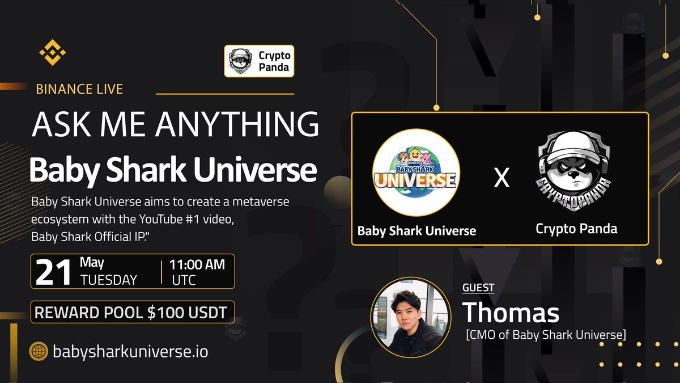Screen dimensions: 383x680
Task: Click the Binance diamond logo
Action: (53, 53)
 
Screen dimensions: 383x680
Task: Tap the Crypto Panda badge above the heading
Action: (259, 61)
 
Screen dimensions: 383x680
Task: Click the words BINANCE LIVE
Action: (79, 89)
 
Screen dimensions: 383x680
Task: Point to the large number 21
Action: (54, 272)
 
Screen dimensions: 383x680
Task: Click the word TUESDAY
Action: (109, 280)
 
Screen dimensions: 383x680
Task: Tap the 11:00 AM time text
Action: (198, 264)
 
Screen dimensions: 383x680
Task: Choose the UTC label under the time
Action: (184, 280)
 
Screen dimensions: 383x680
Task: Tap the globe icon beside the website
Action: (38, 352)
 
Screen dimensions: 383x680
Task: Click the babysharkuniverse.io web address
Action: (130, 352)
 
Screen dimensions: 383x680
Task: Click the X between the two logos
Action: (501, 178)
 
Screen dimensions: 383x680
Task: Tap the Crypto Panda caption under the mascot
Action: (576, 229)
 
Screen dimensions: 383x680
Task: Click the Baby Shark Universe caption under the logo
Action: (416, 231)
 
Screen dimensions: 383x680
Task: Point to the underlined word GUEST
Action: (478, 288)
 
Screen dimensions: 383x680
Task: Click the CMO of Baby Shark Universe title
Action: (545, 335)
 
